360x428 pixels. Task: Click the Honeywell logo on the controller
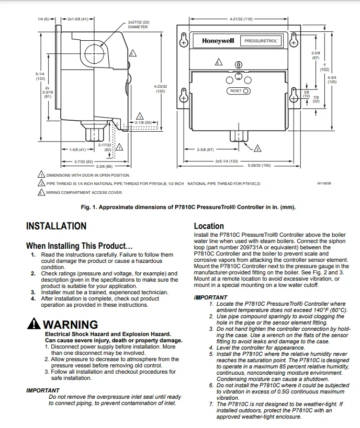coord(218,41)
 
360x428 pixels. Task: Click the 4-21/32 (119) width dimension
coord(241,19)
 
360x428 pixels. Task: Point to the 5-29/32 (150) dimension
coord(259,166)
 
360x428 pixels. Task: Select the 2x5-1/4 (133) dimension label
coord(226,161)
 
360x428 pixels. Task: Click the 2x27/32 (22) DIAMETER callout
coord(138,25)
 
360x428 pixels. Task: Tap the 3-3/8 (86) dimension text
coord(104,166)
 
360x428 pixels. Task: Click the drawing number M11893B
coord(324,183)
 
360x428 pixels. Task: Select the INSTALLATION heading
coord(56,226)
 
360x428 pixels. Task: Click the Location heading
coord(209,226)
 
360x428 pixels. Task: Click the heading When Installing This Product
coord(79,246)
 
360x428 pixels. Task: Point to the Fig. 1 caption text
coord(188,207)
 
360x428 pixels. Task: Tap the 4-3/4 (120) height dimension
coord(332,79)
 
